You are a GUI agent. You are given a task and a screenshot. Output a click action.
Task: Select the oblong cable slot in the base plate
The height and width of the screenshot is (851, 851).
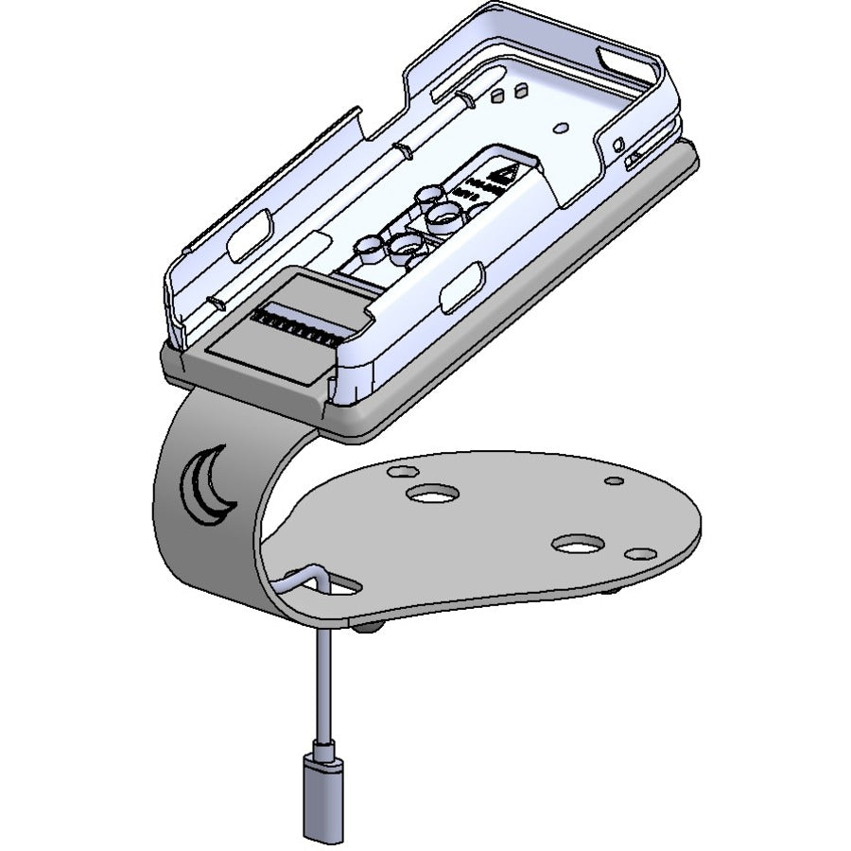[337, 586]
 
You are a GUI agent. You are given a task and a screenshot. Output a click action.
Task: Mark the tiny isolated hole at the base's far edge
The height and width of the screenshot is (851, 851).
[614, 481]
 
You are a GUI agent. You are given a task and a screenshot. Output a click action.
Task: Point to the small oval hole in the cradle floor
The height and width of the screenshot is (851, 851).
[561, 126]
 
